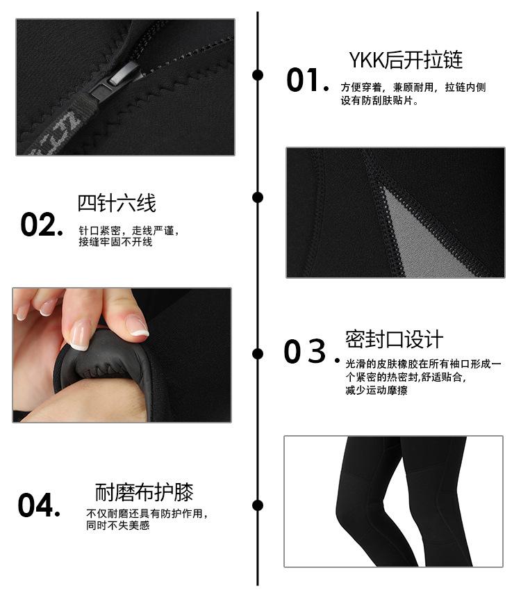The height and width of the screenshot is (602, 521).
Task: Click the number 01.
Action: [x=306, y=81]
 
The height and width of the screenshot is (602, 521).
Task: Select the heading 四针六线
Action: [x=117, y=203]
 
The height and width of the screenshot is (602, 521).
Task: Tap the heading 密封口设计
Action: [x=394, y=339]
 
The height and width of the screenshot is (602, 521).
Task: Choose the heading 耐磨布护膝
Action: [x=144, y=493]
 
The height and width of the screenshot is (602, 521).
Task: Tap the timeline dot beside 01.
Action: [x=258, y=75]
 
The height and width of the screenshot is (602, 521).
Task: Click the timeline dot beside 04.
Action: [x=258, y=505]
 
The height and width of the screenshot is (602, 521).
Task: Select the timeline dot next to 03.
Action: [x=258, y=353]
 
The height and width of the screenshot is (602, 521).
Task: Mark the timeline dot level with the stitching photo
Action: [x=258, y=197]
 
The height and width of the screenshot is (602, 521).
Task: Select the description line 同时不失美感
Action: [x=117, y=526]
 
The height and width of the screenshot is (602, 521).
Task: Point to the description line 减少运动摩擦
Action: [x=376, y=391]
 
